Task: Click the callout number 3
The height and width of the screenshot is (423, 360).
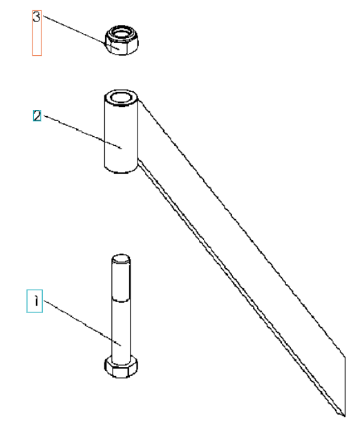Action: tap(37, 17)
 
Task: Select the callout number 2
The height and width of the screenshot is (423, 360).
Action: tap(37, 115)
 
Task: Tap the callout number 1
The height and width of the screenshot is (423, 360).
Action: tap(36, 301)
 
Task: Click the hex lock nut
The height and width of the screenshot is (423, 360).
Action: tap(122, 40)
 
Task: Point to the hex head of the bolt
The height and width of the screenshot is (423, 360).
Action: tap(121, 366)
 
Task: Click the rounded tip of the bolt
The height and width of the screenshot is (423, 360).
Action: tap(121, 258)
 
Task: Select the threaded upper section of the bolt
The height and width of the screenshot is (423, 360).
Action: tap(121, 278)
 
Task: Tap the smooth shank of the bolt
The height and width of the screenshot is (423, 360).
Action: tap(121, 329)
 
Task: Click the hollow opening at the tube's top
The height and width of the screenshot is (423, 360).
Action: tap(121, 97)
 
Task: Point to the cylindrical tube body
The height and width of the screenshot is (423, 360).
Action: tap(121, 131)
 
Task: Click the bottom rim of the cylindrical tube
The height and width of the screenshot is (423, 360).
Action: tap(121, 170)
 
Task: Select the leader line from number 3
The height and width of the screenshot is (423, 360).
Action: tap(81, 32)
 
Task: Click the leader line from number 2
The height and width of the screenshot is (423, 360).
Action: tap(82, 132)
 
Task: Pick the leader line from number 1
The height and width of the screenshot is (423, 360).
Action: tap(82, 323)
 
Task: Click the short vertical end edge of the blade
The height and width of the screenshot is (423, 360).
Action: tap(345, 385)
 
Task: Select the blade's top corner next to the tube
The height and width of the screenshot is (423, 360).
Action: tap(140, 100)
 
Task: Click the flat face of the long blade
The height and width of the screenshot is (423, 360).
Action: tap(240, 256)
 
